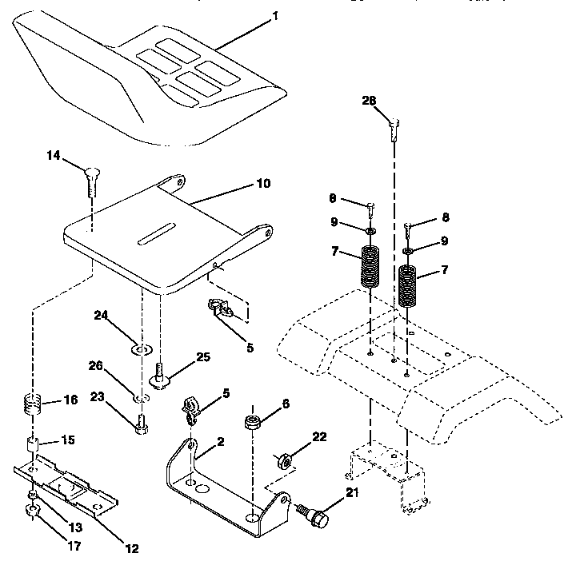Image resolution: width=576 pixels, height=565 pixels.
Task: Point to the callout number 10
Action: [x=263, y=184]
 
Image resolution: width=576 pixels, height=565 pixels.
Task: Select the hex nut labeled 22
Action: [x=283, y=461]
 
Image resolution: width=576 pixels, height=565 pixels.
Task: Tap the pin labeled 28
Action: [x=394, y=126]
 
